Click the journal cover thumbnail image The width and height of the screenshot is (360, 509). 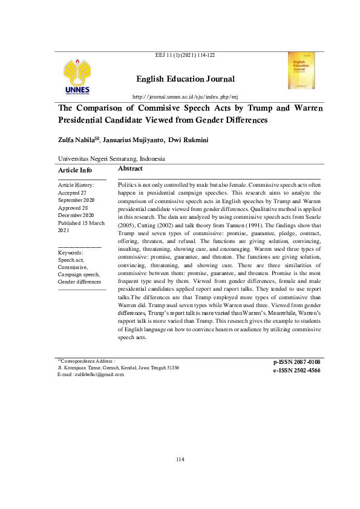[301, 71]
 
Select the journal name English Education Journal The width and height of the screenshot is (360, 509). [185, 79]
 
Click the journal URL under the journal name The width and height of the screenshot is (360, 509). [185, 97]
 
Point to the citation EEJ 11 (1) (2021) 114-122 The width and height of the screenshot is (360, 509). [185, 55]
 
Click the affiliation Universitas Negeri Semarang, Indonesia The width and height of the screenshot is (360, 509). [111, 158]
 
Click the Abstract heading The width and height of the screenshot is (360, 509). [130, 169]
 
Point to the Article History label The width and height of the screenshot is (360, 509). [76, 184]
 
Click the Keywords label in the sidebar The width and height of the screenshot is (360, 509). [70, 252]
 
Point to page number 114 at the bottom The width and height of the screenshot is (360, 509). [180, 460]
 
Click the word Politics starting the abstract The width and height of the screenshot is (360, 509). [128, 183]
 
